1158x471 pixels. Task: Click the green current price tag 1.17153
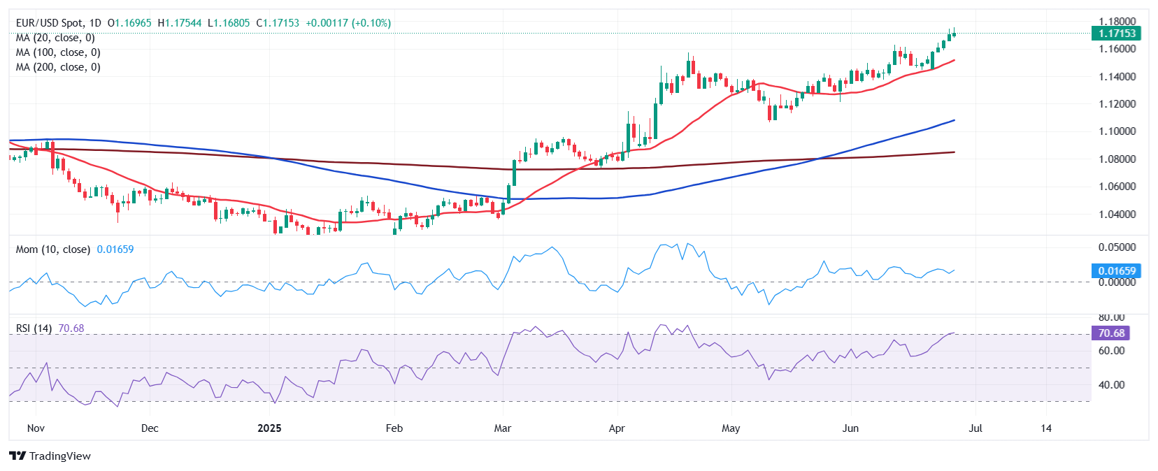(x=1116, y=33)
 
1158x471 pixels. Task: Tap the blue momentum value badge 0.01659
(x=1116, y=270)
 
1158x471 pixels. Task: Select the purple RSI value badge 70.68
(x=1110, y=333)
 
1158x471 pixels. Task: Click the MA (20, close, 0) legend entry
(x=55, y=38)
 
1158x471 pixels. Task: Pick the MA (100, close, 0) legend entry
(x=58, y=52)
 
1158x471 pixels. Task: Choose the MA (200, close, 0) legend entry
(x=58, y=67)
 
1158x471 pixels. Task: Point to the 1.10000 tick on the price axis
(x=1117, y=131)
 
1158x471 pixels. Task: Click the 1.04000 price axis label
(x=1117, y=214)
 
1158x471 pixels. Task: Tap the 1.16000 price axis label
(x=1117, y=49)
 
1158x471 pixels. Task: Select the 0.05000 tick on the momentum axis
(x=1117, y=247)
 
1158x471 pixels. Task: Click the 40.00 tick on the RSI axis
(x=1111, y=385)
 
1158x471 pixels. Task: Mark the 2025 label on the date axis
(x=269, y=428)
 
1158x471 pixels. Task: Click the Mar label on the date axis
(x=503, y=428)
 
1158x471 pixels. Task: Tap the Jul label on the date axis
(x=975, y=428)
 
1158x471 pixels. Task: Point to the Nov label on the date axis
(x=36, y=428)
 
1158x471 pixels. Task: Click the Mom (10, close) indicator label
(x=53, y=249)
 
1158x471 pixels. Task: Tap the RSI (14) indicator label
(x=34, y=328)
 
